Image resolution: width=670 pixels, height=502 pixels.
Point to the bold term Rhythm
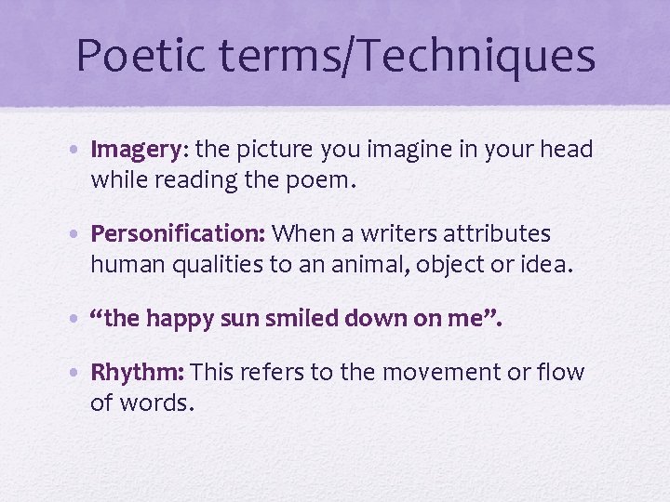(138, 373)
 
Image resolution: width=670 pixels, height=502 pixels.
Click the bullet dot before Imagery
(80, 151)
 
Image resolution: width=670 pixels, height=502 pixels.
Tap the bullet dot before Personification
(80, 234)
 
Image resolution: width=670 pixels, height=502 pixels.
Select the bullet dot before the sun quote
(80, 318)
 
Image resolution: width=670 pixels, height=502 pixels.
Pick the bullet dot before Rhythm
(80, 374)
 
